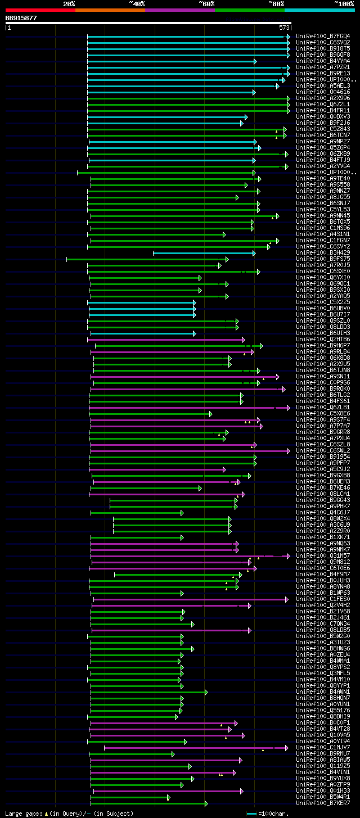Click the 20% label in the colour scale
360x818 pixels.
[x=69, y=4]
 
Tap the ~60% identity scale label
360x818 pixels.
[x=206, y=4]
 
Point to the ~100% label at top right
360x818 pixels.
[x=344, y=4]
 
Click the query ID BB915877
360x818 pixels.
[x=21, y=18]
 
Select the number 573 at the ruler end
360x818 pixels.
[x=284, y=27]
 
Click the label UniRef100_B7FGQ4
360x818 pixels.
[x=323, y=36]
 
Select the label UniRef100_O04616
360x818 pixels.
[x=323, y=92]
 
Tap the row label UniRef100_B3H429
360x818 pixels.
[x=323, y=252]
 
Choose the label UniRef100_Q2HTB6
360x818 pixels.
[x=323, y=339]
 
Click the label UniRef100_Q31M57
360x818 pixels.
[x=323, y=555]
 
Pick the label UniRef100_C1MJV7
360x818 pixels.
[x=323, y=747]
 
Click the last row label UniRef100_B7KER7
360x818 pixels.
[x=323, y=803]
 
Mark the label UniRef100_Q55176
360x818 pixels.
[x=323, y=710]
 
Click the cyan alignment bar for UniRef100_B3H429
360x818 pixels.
[x=202, y=253]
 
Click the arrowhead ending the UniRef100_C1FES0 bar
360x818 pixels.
[x=286, y=599]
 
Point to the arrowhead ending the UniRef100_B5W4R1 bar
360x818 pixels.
[x=168, y=797]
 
